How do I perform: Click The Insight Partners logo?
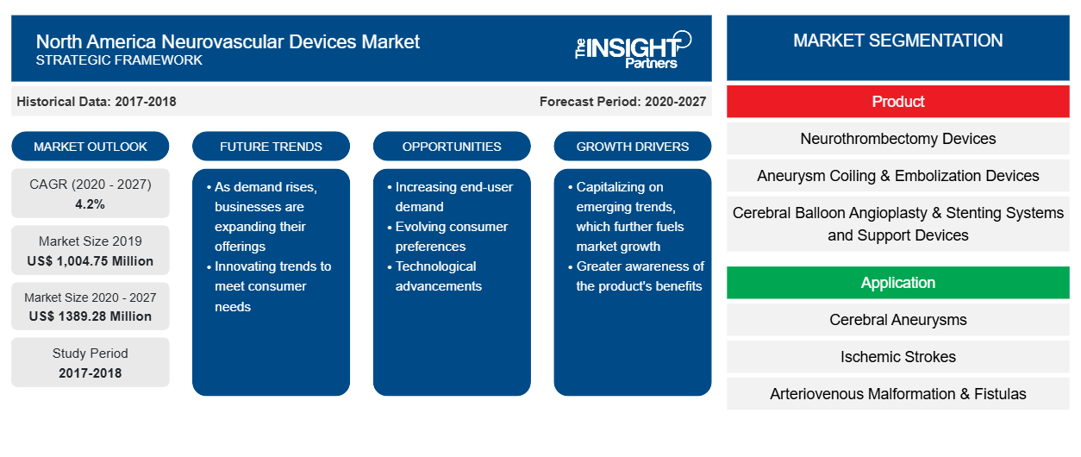633,50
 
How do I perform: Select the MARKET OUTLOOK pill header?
91,147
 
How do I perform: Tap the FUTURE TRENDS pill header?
271,147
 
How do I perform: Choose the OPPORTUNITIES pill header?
452,147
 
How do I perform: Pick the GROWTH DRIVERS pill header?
632,147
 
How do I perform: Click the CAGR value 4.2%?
91,204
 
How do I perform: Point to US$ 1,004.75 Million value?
91,261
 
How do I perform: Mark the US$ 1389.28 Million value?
91,316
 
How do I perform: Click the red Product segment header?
897,102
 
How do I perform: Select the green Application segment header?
897,282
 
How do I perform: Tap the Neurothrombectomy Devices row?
897,139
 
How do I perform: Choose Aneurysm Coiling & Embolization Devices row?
897,176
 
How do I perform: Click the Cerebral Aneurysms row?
897,319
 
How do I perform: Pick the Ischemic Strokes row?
897,357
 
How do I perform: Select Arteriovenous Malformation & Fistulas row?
897,394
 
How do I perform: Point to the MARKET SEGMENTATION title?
897,41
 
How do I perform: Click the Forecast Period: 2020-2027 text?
622,102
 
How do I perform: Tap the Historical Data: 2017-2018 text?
97,102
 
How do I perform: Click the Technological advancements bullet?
435,276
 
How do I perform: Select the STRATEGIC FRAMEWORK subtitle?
119,60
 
